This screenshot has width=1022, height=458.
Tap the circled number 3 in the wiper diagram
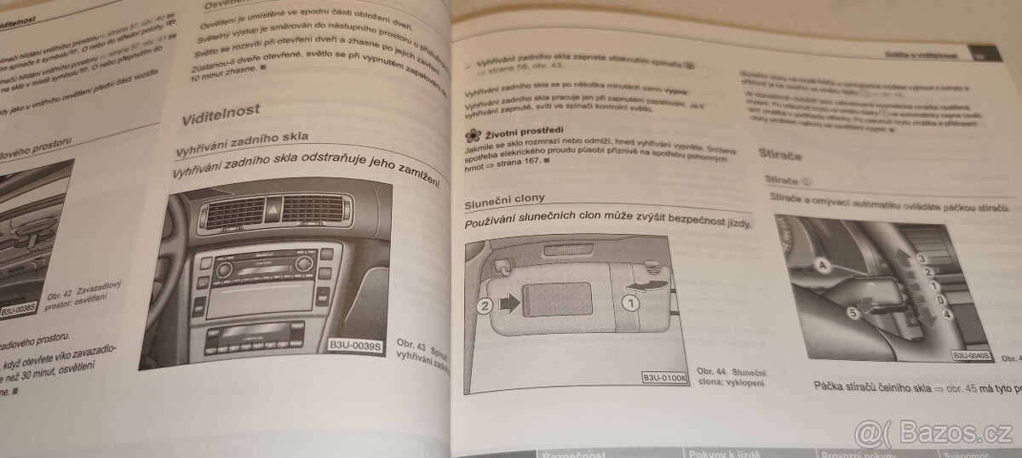920,256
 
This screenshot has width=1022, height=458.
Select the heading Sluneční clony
503,205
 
